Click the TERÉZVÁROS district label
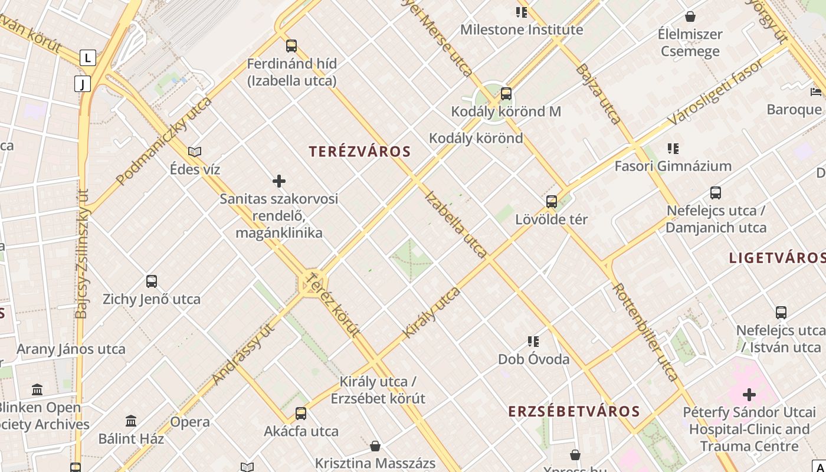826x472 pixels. point(359,152)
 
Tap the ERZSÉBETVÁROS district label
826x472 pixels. point(574,411)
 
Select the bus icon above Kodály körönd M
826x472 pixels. point(506,94)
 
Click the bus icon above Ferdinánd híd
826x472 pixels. point(291,45)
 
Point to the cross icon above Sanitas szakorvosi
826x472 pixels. point(279,181)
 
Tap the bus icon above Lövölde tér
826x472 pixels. point(552,202)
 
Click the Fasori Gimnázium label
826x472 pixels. point(673,166)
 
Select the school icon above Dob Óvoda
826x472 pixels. point(533,342)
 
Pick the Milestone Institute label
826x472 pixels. point(522,29)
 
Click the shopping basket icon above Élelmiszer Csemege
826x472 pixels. point(690,17)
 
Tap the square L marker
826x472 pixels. point(87,58)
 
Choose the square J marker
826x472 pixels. point(83,84)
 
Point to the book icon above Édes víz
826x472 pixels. point(195,152)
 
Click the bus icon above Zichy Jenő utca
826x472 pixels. point(152,281)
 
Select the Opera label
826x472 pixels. point(190,422)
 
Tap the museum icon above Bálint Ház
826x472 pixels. point(131,421)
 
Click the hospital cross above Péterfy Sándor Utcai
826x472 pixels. point(749,394)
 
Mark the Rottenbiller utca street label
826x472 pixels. point(645,332)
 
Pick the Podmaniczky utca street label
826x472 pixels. point(164,142)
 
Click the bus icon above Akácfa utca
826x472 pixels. point(301,413)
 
